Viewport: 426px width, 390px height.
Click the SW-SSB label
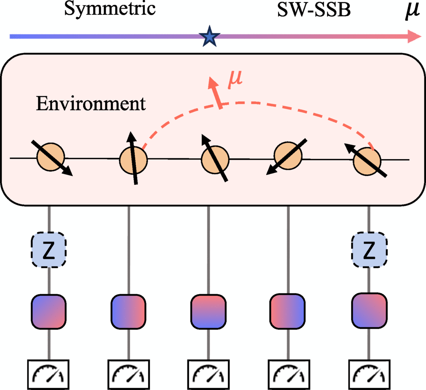pyautogui.click(x=312, y=9)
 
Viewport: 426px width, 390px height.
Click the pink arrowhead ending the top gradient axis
pyautogui.click(x=412, y=36)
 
